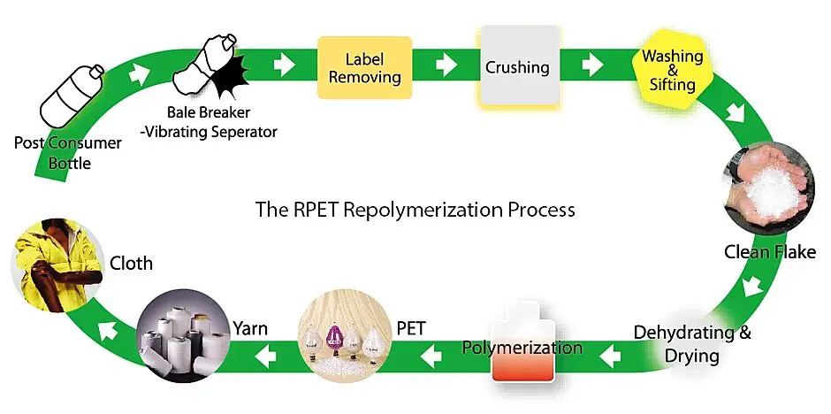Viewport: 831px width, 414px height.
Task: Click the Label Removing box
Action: click(x=364, y=67)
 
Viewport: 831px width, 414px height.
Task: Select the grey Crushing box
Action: click(x=518, y=67)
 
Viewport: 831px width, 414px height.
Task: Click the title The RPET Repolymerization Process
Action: click(x=415, y=210)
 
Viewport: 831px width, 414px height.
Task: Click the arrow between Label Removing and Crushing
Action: click(x=446, y=65)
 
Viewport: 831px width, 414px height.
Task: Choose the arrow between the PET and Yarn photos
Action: click(x=264, y=356)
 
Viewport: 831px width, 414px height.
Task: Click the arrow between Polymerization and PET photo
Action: click(x=432, y=356)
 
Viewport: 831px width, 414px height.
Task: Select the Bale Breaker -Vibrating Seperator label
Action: click(x=222, y=122)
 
